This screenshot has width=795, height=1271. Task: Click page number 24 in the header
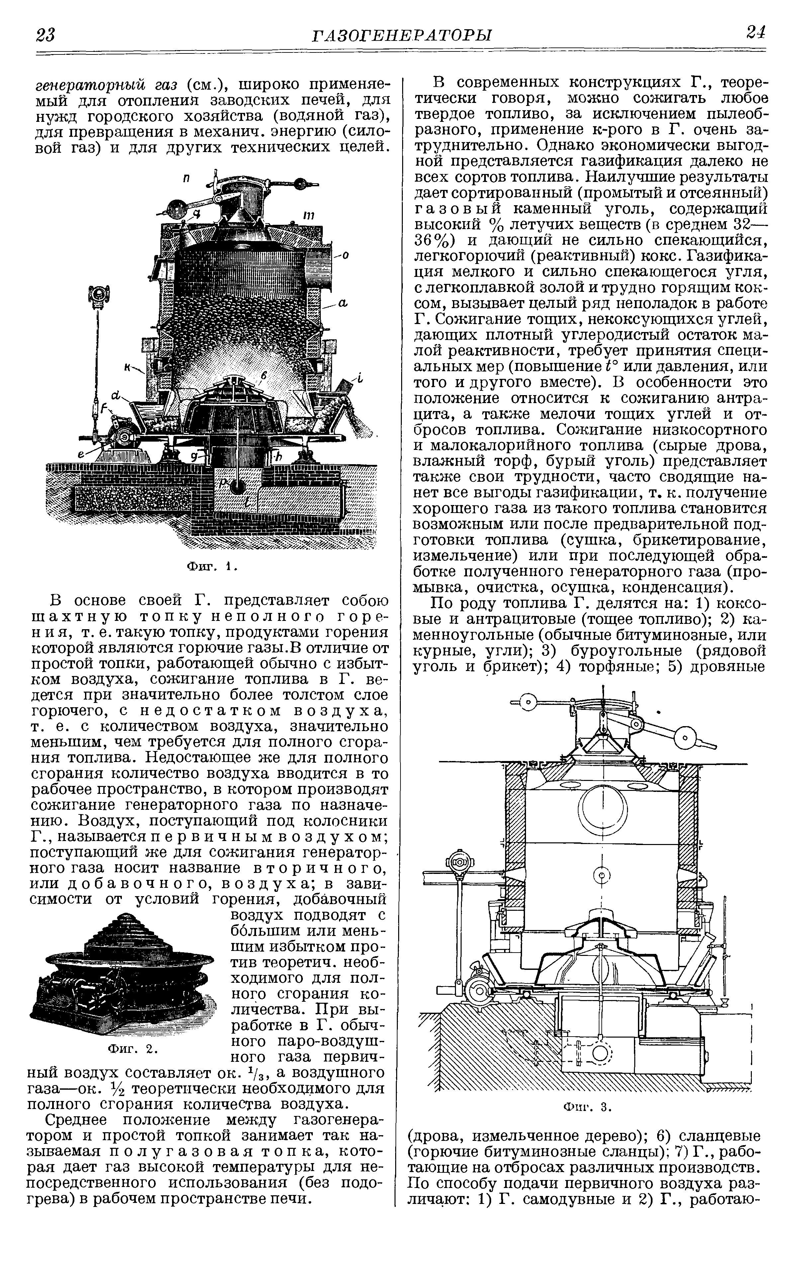click(755, 33)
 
